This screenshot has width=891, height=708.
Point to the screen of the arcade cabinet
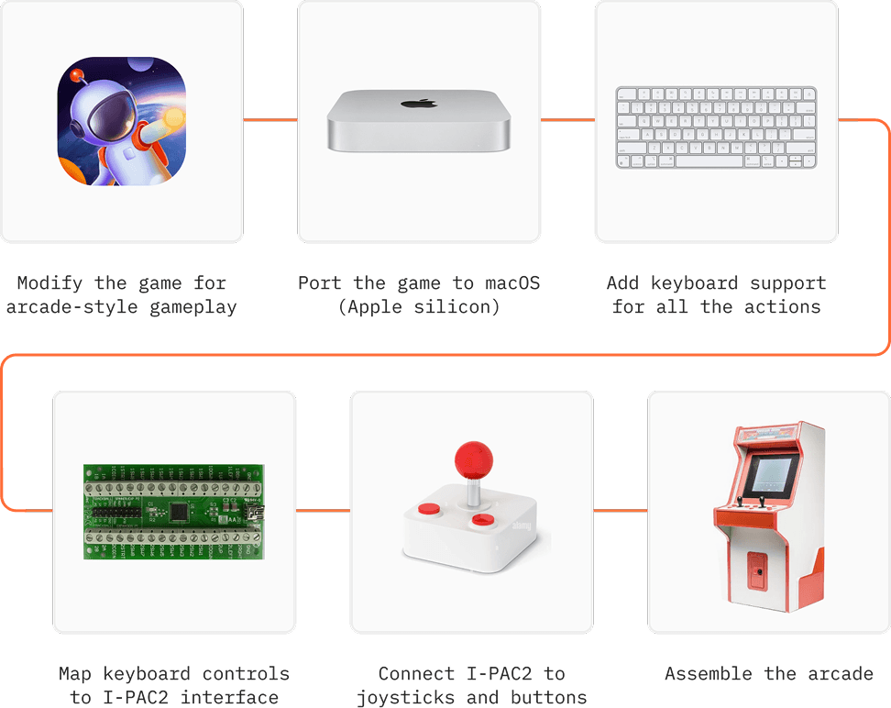tap(768, 474)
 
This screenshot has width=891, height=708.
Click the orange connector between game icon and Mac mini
tap(269, 120)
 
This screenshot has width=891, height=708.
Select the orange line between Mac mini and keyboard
tap(566, 120)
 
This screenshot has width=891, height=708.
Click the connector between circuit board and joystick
tap(323, 511)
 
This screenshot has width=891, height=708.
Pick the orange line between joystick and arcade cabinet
tap(620, 511)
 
